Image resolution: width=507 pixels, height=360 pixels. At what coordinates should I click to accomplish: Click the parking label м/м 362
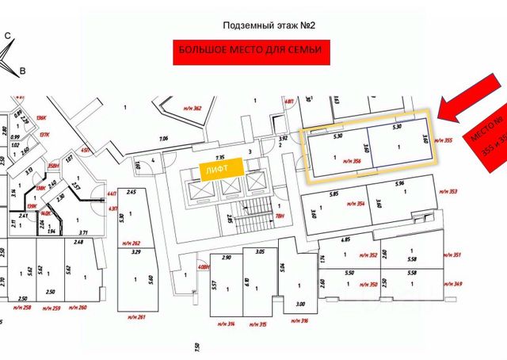click(193, 109)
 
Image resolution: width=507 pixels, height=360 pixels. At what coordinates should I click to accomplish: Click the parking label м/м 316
click(299, 320)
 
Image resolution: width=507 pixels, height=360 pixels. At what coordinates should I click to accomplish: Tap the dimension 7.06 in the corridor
click(164, 139)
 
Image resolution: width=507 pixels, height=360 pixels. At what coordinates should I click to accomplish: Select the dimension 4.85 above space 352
click(345, 239)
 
